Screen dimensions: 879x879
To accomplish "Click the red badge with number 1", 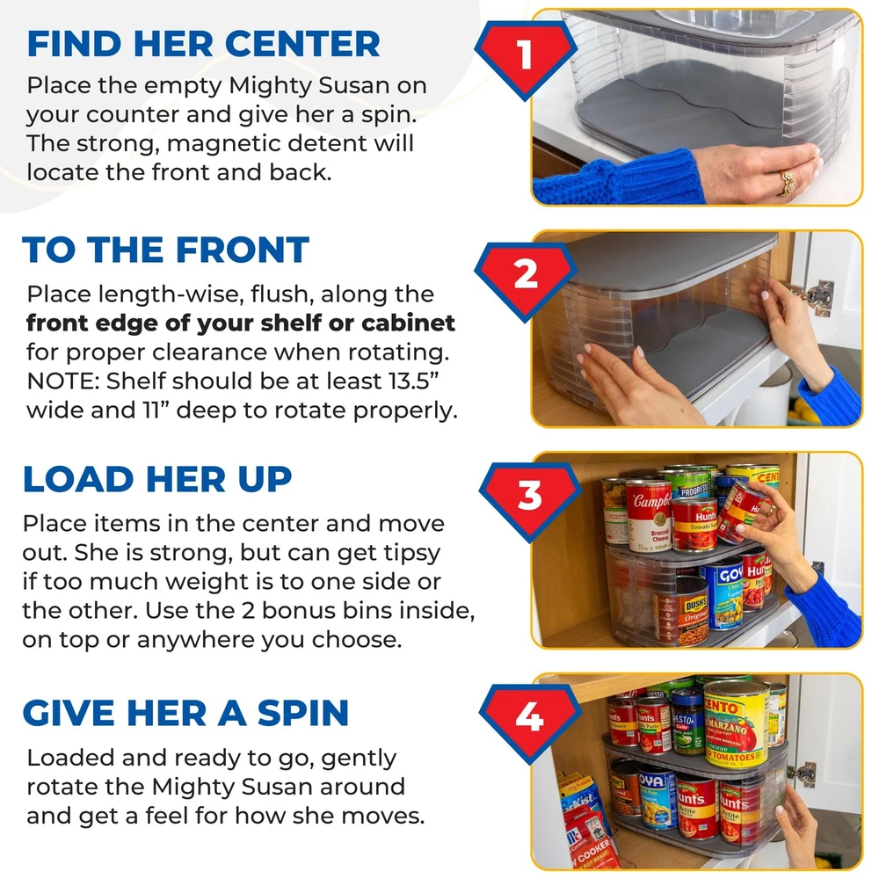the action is click(526, 58).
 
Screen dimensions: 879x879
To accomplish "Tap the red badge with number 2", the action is click(526, 280).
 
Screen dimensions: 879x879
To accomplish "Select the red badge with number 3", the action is click(530, 500).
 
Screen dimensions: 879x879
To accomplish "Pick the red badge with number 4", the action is click(530, 722).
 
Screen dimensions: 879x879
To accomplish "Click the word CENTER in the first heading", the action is click(302, 44).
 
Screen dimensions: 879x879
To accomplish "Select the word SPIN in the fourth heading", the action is click(302, 713).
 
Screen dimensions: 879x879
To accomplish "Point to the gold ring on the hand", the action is click(789, 183).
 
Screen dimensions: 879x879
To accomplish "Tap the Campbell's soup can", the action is click(650, 516).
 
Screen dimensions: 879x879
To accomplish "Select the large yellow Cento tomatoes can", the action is click(736, 724).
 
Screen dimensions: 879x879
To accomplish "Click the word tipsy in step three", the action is click(411, 554).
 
